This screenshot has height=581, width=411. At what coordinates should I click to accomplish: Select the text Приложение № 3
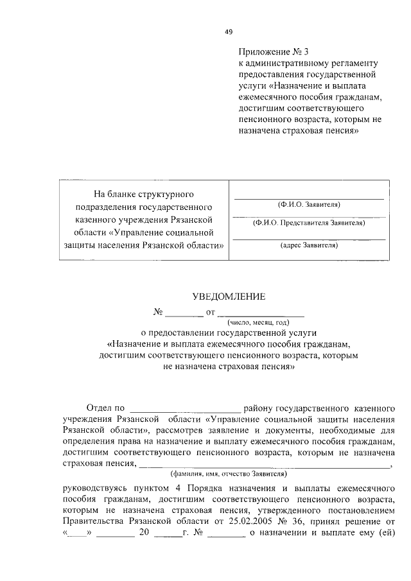tap(269, 51)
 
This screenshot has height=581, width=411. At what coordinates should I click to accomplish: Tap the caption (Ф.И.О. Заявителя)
tap(309, 204)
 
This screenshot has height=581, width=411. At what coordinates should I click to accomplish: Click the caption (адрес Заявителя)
tap(309, 245)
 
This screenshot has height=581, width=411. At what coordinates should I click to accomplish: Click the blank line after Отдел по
tap(186, 408)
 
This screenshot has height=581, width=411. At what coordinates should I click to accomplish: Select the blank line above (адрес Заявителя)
tap(309, 238)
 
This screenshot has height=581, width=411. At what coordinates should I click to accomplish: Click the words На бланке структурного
tap(144, 193)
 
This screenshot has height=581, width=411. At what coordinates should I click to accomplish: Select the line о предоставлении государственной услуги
tap(229, 333)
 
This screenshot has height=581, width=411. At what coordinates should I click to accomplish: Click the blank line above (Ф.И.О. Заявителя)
tap(309, 198)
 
